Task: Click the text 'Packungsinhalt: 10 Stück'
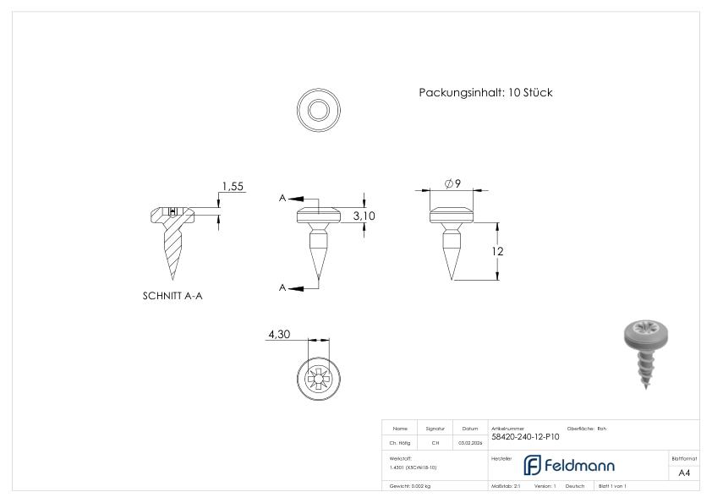coord(485,93)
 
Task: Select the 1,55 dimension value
coord(233,186)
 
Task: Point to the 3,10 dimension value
coord(364,216)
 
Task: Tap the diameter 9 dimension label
coord(452,184)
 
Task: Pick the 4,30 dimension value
coord(279,335)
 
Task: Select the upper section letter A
coord(282,199)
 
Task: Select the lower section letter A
coord(282,288)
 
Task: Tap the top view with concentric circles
coord(319,110)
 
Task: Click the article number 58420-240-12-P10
coord(525,437)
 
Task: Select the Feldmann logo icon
coord(533,465)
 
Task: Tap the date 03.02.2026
coord(469,442)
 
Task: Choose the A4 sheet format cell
coord(684,473)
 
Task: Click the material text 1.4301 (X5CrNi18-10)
coord(414,467)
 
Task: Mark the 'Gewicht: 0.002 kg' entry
coord(410,486)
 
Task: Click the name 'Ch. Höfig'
coord(400,442)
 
